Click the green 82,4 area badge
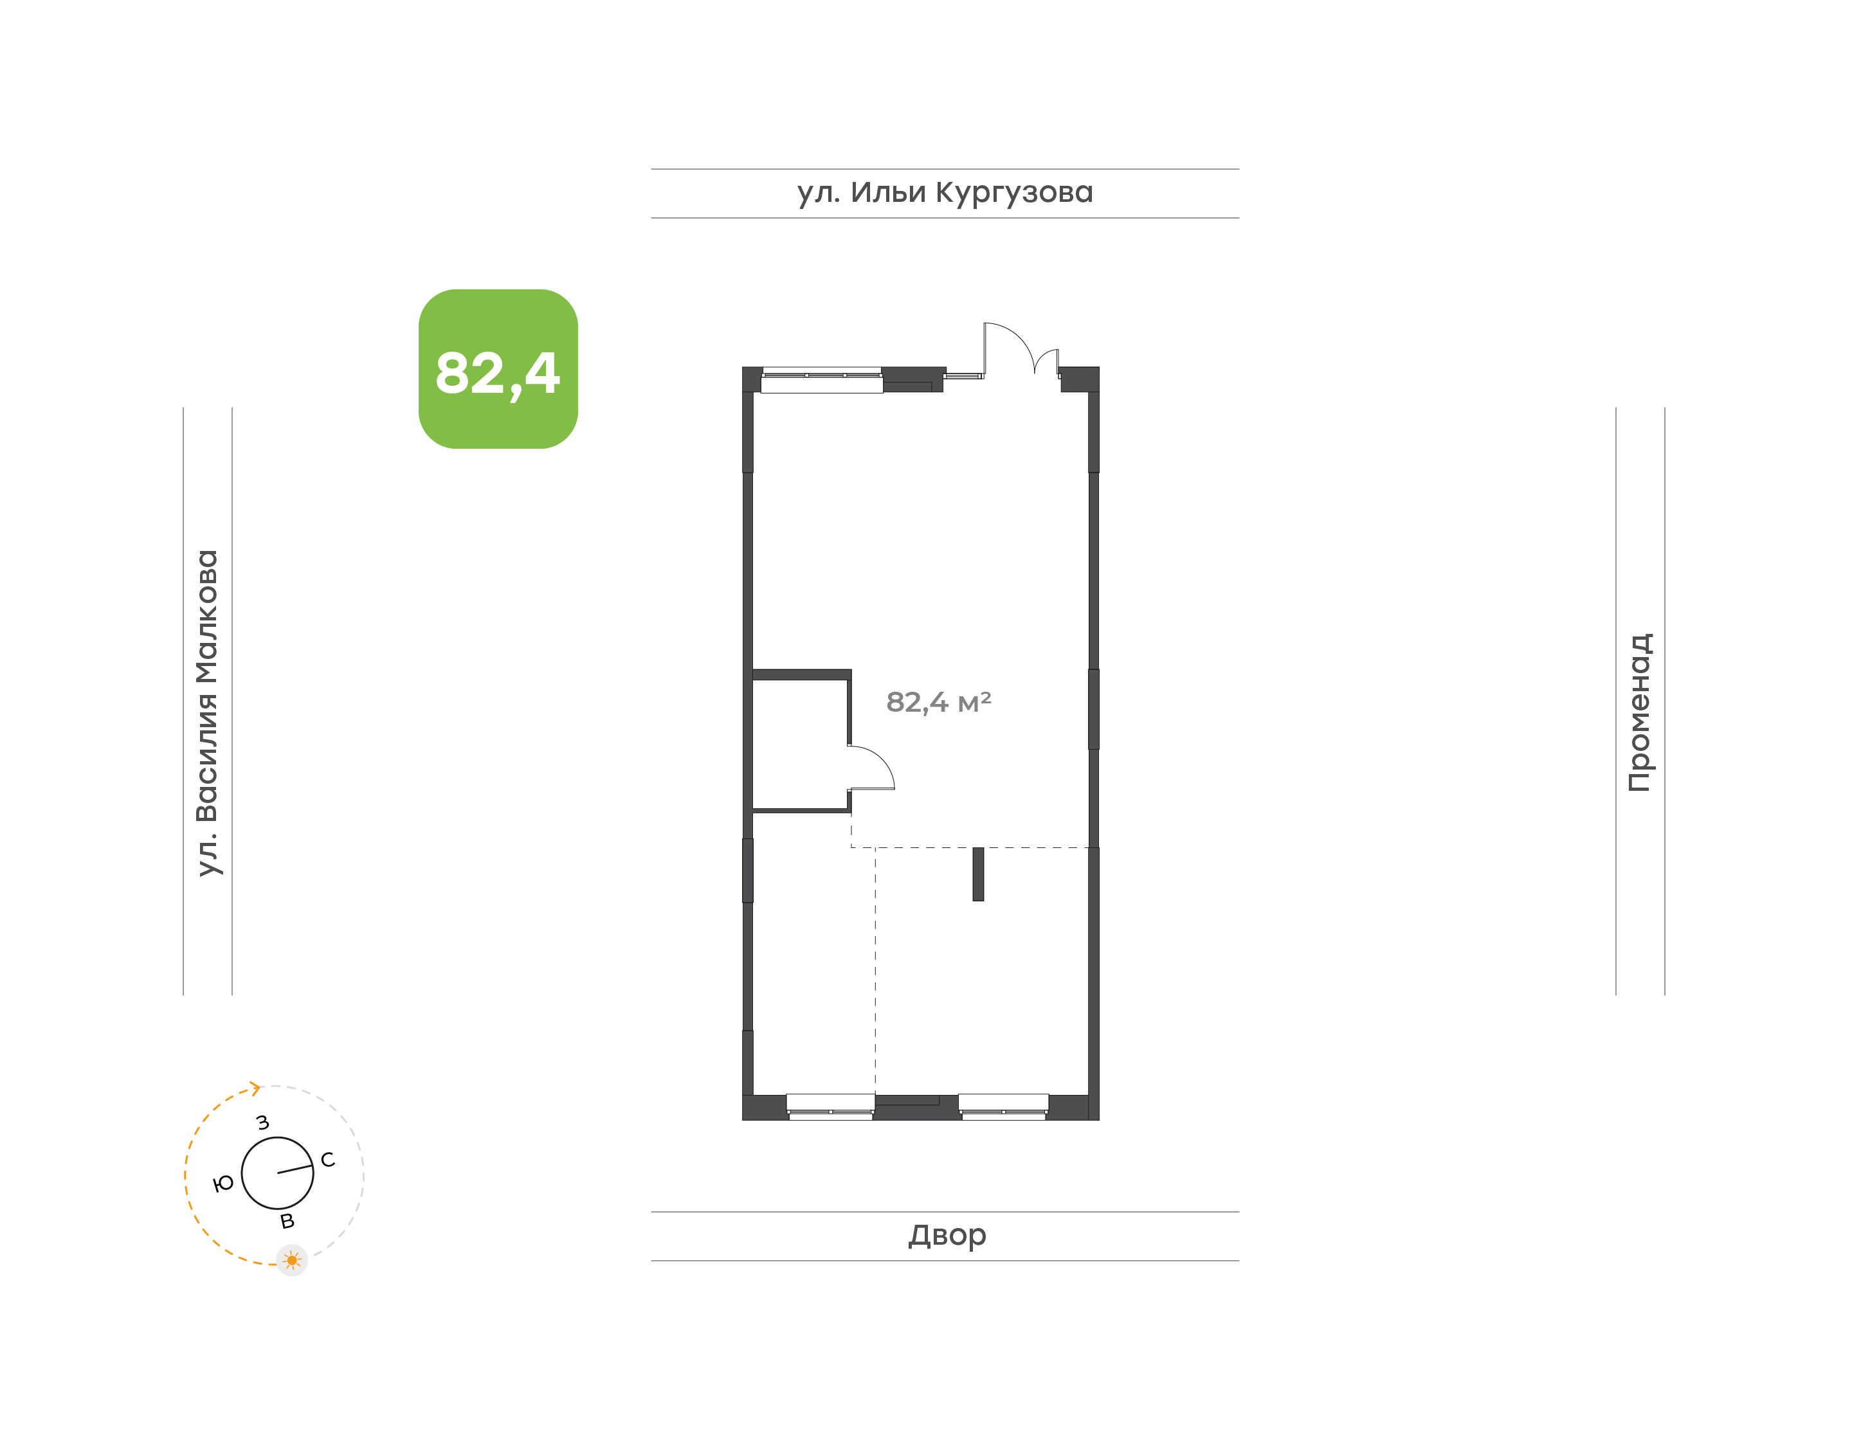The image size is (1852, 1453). pos(498,369)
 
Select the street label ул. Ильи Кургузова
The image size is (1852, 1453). pos(945,193)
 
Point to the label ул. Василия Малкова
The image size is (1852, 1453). pos(206,713)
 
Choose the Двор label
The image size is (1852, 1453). pos(947,1235)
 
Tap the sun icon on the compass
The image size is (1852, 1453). pos(292,1261)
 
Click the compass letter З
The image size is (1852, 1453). pos(263,1123)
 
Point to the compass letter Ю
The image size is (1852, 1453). pos(223,1184)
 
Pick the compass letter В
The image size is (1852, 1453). pos(287,1222)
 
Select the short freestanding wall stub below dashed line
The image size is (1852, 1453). pos(978,874)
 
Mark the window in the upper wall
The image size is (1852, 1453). pos(822,380)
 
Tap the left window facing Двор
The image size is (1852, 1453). pos(830,1106)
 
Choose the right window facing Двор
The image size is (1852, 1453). pos(1004,1106)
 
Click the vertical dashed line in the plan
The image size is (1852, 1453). pos(875,971)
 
